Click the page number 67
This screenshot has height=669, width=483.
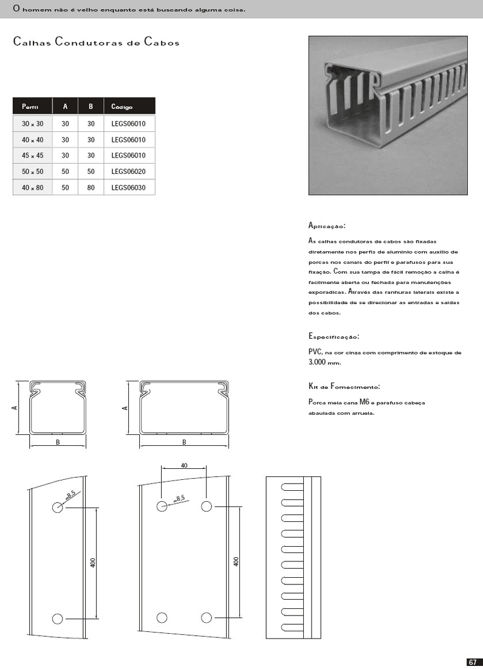point(472,662)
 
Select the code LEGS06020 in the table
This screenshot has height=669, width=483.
point(129,172)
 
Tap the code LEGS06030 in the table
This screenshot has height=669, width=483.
point(129,187)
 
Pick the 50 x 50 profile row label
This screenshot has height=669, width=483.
point(33,172)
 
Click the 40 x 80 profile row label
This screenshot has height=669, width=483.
point(33,187)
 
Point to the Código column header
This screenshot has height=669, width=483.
point(122,106)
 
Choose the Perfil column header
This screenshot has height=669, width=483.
point(30,106)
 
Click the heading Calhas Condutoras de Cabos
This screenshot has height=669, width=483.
point(96,43)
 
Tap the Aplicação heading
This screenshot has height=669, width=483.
point(327,226)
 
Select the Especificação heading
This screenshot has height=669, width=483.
point(334,336)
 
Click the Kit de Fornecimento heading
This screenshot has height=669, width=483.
point(344,386)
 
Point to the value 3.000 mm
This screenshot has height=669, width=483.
point(324,362)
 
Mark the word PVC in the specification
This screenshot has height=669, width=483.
point(315,352)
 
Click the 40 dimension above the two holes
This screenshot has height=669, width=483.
point(184,465)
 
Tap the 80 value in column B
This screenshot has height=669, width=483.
point(91,187)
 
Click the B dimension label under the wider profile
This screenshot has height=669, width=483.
point(184,442)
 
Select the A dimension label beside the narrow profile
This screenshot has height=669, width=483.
point(14,408)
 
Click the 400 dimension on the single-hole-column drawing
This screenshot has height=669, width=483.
point(93,563)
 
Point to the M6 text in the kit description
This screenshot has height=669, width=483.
point(365,403)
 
